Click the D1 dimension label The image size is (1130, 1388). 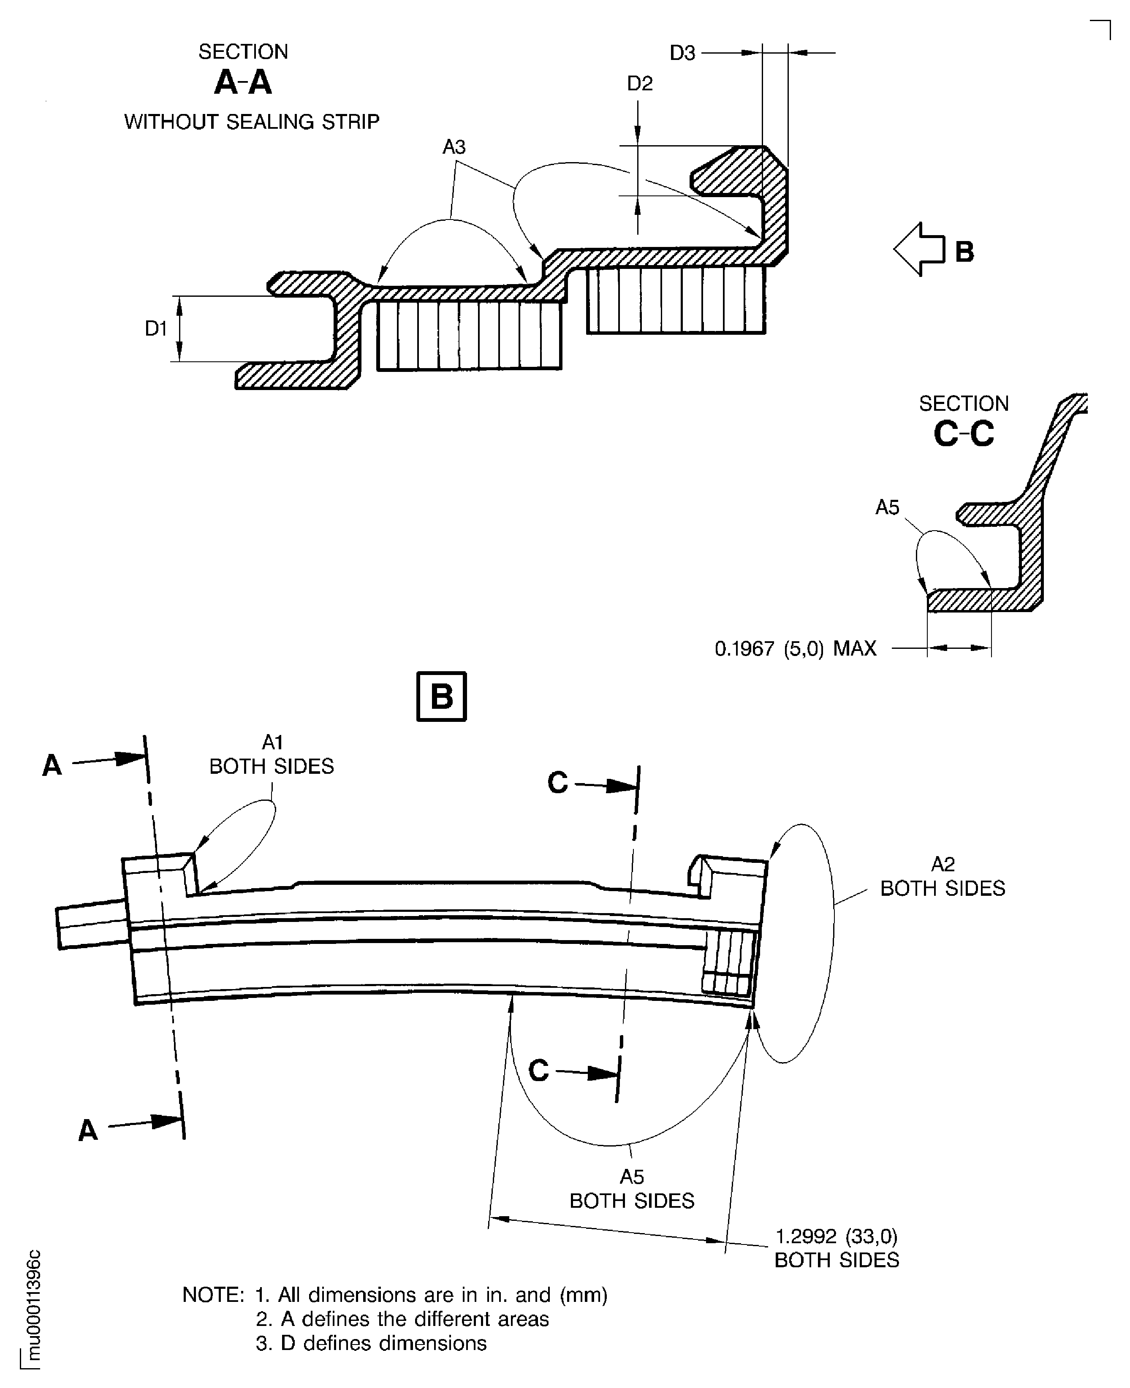tap(156, 328)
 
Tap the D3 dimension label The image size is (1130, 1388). tap(682, 53)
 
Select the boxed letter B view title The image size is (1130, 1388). tap(441, 696)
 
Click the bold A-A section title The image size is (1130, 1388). tap(243, 83)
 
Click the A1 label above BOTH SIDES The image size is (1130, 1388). tap(272, 742)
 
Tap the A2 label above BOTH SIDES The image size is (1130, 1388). tap(943, 864)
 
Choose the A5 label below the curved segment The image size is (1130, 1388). tap(631, 1177)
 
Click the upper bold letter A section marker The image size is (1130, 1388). tap(52, 765)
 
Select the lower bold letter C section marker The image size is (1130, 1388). tap(538, 1071)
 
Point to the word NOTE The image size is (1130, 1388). tap(213, 1295)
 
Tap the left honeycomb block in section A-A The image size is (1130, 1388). tap(469, 336)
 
